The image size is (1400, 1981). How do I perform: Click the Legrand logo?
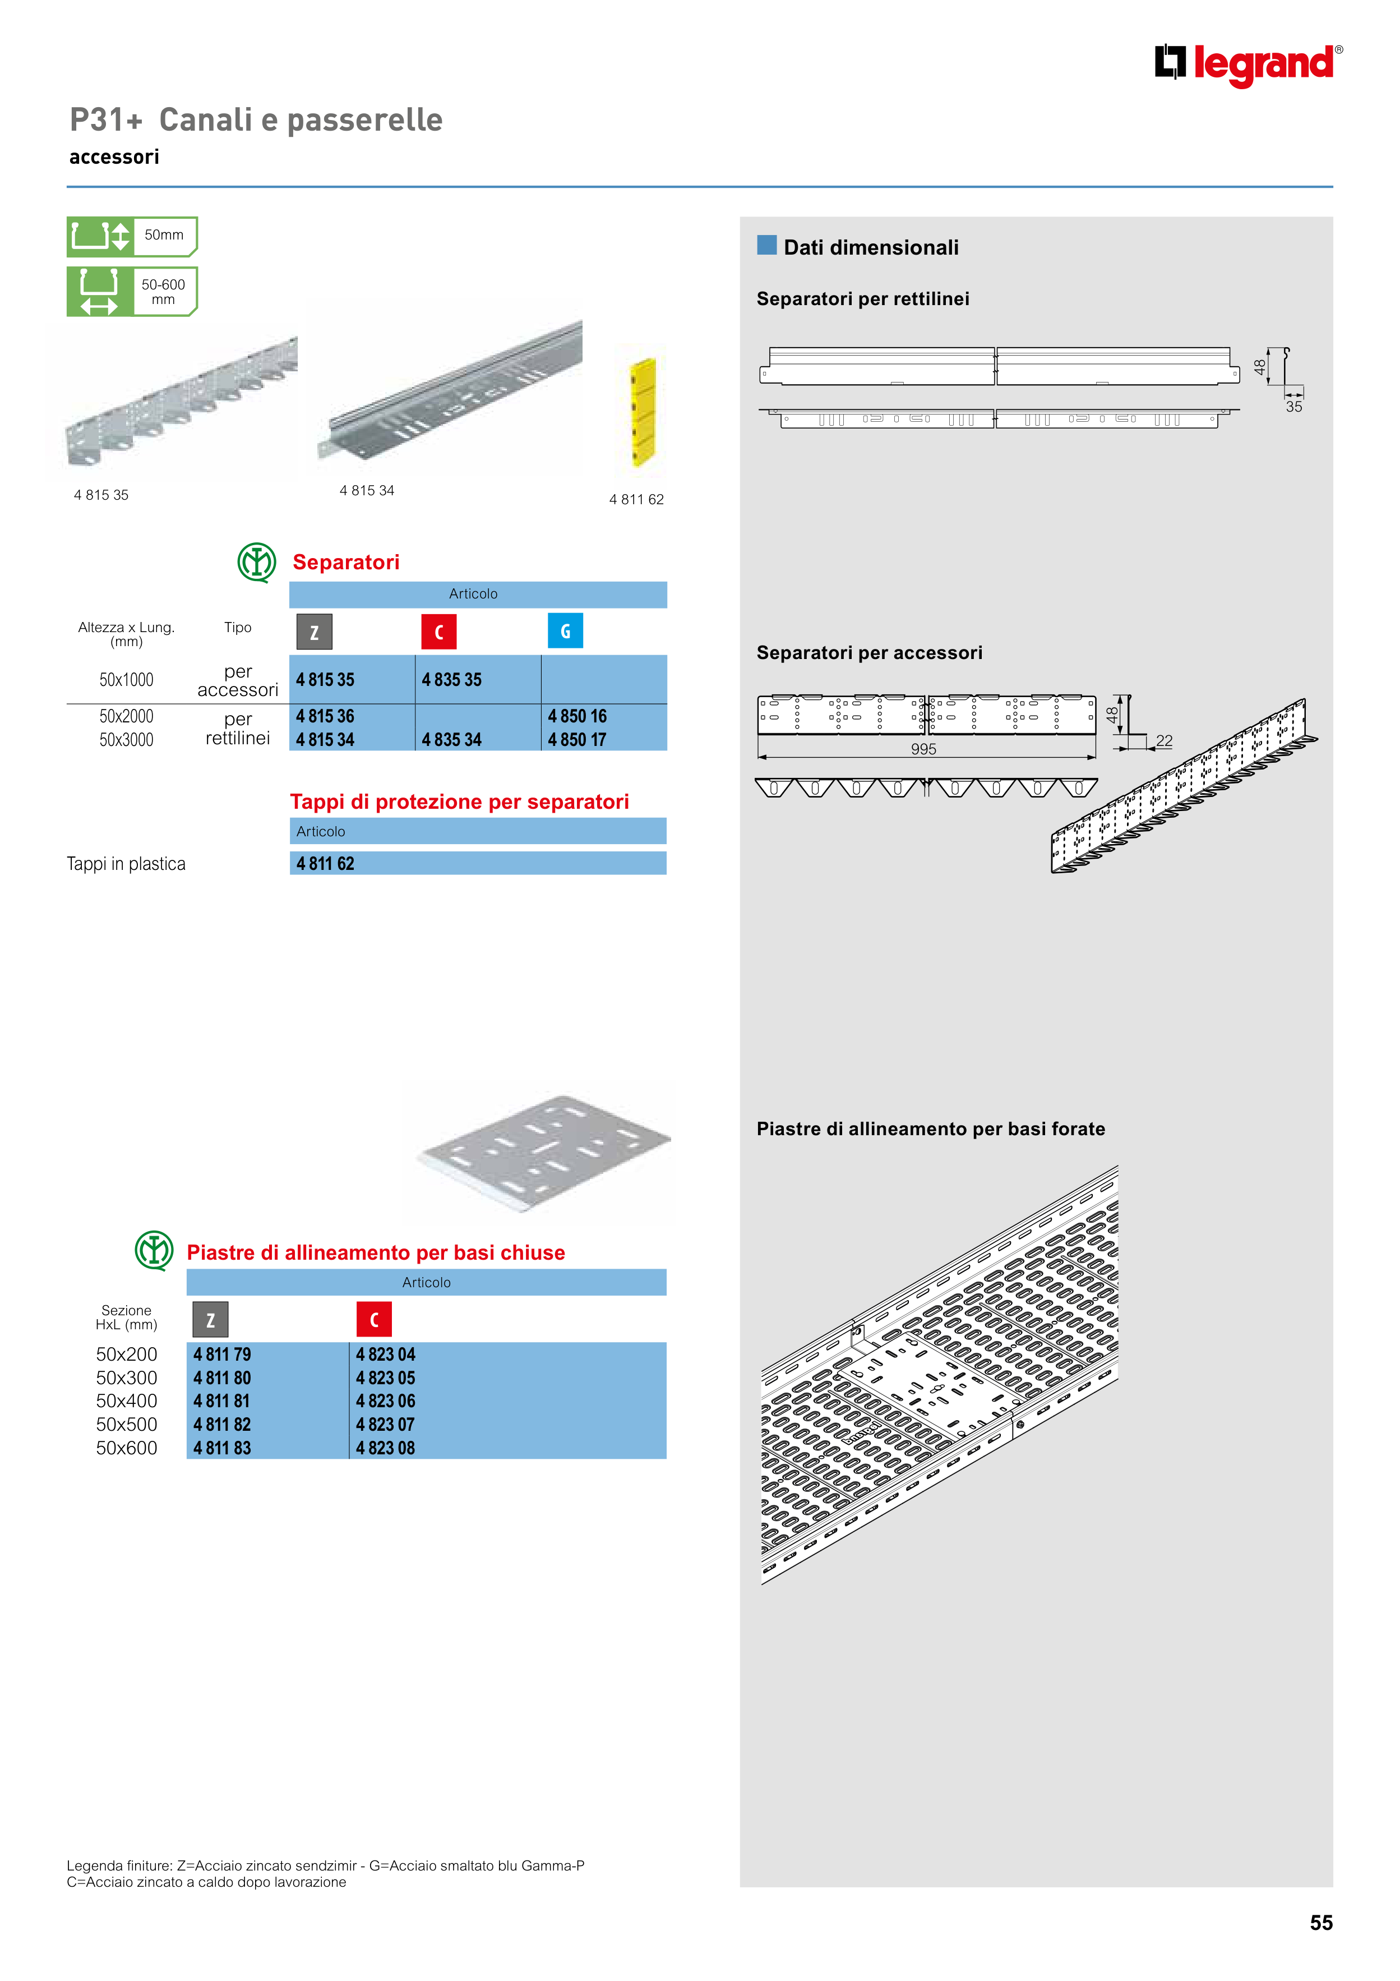[x=1247, y=64]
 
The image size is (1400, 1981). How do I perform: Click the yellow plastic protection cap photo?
[x=643, y=412]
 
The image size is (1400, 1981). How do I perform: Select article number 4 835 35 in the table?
[x=451, y=680]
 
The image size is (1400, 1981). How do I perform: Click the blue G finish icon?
[x=565, y=631]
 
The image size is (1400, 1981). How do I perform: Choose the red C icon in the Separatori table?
[x=438, y=632]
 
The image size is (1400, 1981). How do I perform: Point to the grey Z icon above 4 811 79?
[x=210, y=1319]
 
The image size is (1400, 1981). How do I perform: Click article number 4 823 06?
[x=386, y=1401]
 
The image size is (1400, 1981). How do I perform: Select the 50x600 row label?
[x=127, y=1448]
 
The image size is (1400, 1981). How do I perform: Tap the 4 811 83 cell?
[x=223, y=1448]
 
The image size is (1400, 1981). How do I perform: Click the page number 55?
[x=1320, y=1922]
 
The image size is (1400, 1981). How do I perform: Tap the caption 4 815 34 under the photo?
[x=367, y=491]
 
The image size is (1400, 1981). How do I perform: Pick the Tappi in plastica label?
[x=126, y=864]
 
